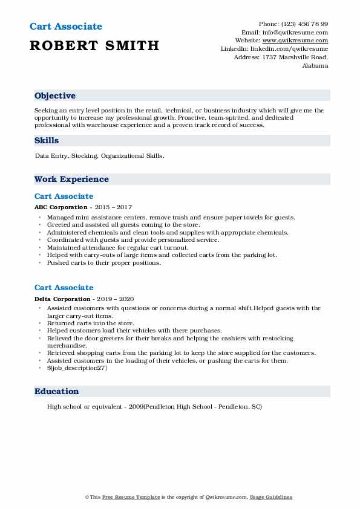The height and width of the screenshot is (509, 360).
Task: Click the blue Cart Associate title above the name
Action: point(65,27)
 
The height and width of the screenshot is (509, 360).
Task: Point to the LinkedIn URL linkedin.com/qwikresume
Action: point(292,49)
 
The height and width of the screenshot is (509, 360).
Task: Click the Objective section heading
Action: point(55,96)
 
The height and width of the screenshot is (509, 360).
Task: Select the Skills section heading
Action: point(47,140)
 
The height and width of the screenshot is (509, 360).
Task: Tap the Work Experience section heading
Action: point(71,179)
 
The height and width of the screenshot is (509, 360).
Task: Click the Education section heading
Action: point(56,391)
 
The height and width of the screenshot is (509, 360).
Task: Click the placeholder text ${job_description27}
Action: point(77,368)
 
